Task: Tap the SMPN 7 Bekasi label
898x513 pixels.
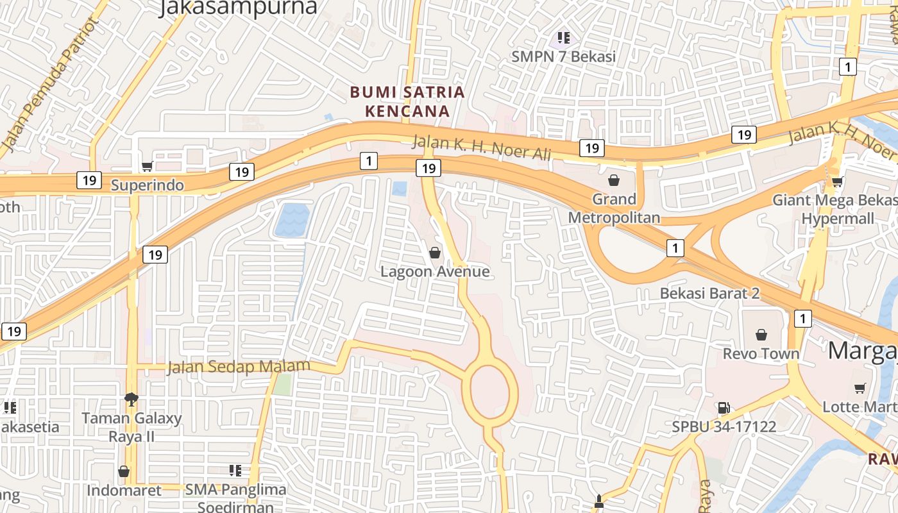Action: [x=563, y=56]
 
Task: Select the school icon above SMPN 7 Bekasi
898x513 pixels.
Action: [x=564, y=38]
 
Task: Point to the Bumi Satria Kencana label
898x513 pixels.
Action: [x=407, y=101]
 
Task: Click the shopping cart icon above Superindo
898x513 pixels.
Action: [x=147, y=167]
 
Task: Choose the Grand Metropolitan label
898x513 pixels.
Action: [x=614, y=208]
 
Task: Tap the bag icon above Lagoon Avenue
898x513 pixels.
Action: [x=435, y=253]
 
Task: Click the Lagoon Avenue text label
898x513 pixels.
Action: [x=435, y=272]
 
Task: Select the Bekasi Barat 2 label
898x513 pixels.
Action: [x=710, y=294]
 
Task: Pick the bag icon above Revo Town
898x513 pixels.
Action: [x=761, y=335]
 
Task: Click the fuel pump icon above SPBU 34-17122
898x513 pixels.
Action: [x=724, y=408]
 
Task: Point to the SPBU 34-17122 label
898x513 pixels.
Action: [x=724, y=426]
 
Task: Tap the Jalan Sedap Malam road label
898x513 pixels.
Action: [x=239, y=367]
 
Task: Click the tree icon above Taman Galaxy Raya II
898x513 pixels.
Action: [x=131, y=399]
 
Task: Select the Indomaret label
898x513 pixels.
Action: [x=124, y=491]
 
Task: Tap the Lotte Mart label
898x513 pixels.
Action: [x=859, y=407]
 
